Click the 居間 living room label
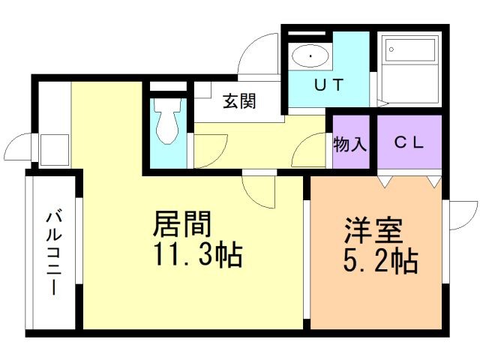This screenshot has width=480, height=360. click(182, 224)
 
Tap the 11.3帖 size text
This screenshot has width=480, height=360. click(198, 256)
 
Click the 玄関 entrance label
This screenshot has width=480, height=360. click(239, 102)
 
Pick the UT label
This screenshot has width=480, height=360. click(328, 85)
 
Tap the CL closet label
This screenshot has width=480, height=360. click(409, 142)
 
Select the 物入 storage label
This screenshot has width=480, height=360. click(350, 142)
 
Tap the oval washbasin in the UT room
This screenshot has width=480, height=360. click(309, 55)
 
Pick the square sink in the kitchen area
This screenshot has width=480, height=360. click(53, 148)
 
